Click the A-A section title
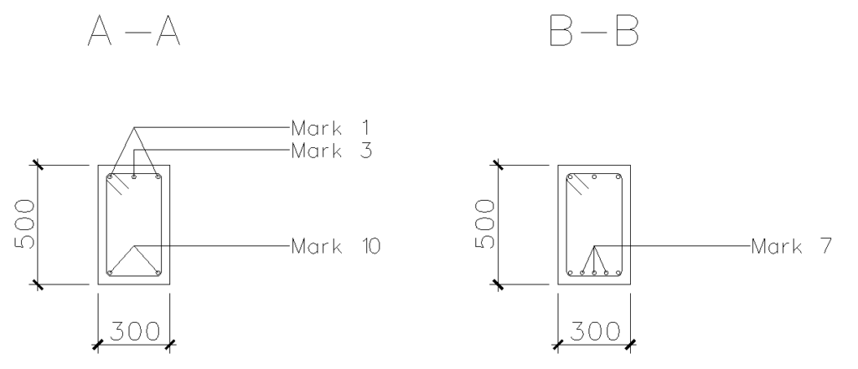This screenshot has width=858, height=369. click(134, 31)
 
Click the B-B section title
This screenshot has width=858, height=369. click(594, 31)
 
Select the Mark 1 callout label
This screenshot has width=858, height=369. click(330, 129)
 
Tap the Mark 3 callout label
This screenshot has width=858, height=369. click(332, 151)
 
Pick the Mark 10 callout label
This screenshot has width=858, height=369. click(335, 247)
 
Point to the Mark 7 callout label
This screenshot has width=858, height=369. click(791, 247)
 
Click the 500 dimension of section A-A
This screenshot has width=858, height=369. click(24, 224)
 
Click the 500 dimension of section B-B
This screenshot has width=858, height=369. click(485, 224)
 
